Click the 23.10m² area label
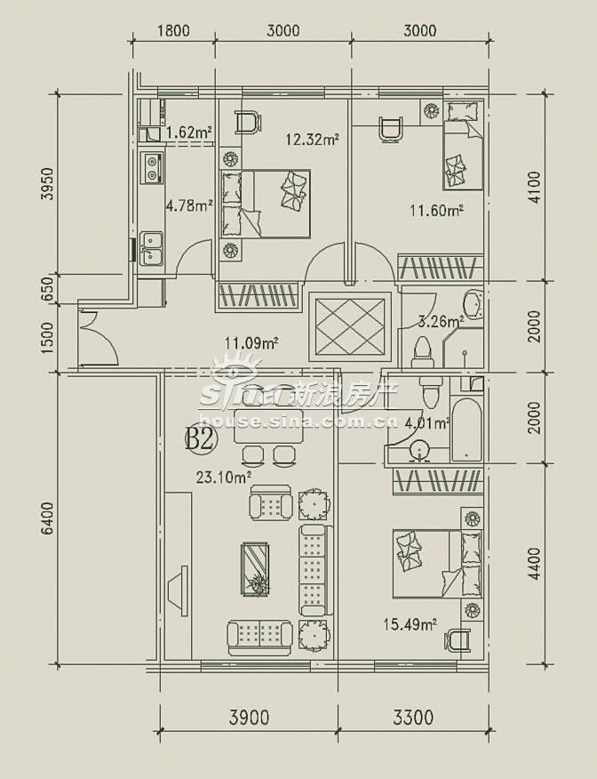[223, 478]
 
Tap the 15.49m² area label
[410, 623]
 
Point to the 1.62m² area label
[189, 133]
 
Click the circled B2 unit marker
[200, 439]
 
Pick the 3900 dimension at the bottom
[249, 718]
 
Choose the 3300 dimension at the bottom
[413, 718]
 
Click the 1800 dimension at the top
[173, 31]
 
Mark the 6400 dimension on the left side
[47, 518]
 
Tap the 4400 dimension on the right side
[534, 564]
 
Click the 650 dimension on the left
[47, 289]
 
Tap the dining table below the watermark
[269, 427]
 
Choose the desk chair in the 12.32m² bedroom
[248, 123]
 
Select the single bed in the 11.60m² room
[463, 145]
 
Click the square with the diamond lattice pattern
[350, 326]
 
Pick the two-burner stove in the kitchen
[151, 167]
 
